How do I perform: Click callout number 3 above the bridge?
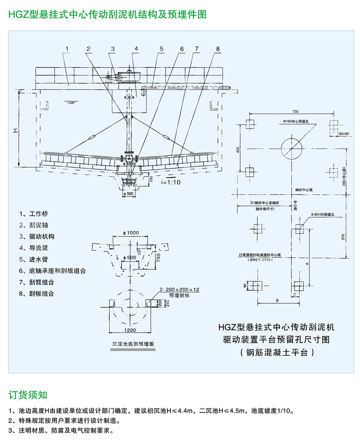click(113, 49)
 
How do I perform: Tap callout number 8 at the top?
click(218, 49)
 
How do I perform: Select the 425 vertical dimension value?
click(238, 150)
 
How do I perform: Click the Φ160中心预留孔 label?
click(295, 120)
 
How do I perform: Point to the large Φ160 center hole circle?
click(292, 148)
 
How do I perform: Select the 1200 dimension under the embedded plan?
click(130, 330)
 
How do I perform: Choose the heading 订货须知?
click(28, 395)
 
